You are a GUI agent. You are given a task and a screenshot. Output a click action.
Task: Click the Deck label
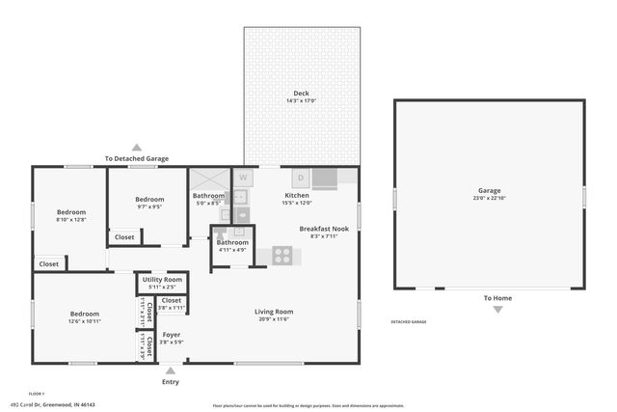[302, 94]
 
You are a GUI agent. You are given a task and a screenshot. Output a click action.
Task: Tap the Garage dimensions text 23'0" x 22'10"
[489, 199]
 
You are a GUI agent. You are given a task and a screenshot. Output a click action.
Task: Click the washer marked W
[243, 178]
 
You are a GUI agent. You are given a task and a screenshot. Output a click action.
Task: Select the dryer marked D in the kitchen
[300, 178]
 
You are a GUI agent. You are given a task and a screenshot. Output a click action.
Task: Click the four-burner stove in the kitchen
[282, 256]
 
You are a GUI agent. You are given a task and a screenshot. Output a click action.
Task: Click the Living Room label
[274, 312]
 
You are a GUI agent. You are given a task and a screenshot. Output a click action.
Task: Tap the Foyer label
[171, 335]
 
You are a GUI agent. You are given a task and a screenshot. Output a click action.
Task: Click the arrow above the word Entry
[171, 369]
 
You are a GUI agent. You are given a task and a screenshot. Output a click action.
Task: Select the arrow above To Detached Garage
[137, 147]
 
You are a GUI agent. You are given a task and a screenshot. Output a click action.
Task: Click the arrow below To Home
[497, 310]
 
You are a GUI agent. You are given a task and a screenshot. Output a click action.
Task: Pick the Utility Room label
[161, 279]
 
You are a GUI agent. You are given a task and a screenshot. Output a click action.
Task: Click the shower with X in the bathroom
[206, 179]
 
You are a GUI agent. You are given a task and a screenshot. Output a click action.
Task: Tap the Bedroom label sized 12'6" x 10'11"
[84, 314]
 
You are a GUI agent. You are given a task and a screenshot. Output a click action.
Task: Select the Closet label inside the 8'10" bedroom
[48, 263]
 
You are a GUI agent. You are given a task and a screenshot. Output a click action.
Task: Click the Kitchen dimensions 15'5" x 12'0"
[296, 203]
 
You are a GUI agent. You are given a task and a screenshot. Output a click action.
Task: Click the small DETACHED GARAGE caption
[408, 321]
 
